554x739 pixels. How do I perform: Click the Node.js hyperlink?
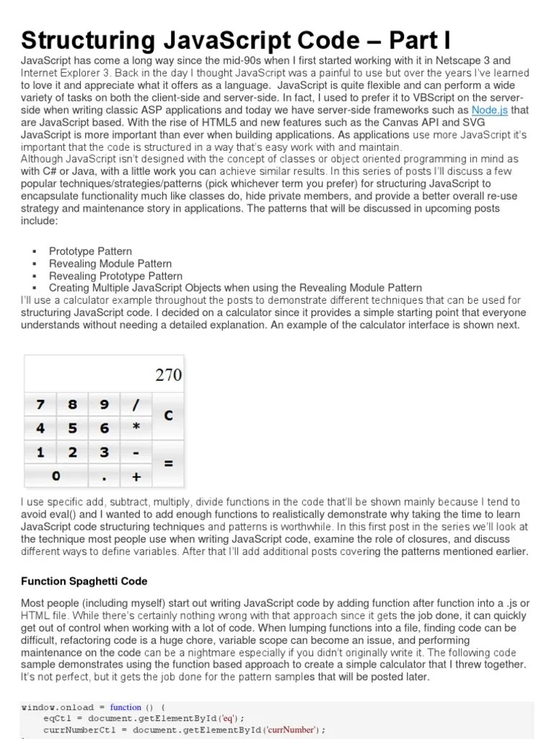(x=490, y=110)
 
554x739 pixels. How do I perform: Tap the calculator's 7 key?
(x=40, y=405)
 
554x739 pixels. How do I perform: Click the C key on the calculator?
(x=168, y=416)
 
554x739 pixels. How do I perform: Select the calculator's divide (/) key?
(x=136, y=405)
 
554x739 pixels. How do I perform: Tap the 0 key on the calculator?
(x=56, y=476)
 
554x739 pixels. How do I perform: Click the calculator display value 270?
(x=168, y=375)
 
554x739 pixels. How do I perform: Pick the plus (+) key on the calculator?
(x=136, y=476)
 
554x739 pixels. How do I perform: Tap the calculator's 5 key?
(x=72, y=429)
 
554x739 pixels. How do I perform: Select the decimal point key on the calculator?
(x=105, y=476)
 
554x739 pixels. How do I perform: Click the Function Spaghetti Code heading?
(x=84, y=581)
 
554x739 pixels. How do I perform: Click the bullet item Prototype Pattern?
(x=90, y=251)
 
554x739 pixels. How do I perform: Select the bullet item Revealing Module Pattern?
(x=110, y=263)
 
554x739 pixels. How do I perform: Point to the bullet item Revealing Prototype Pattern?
(x=115, y=276)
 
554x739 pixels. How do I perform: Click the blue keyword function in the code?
(x=126, y=707)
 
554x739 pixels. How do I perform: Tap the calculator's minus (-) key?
(x=136, y=452)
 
